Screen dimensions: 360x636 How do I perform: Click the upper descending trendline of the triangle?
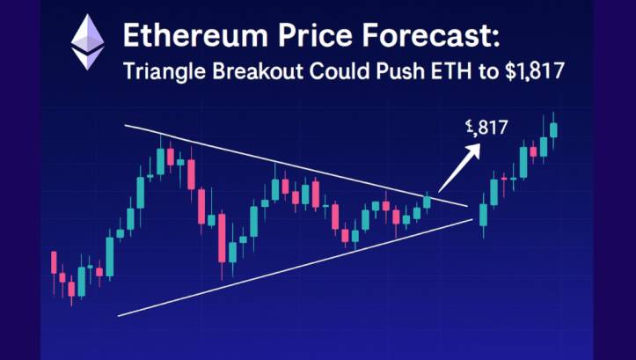tap(290, 168)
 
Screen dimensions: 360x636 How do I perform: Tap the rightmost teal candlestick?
tap(554, 129)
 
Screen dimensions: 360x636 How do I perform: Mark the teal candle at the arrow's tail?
tap(428, 202)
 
